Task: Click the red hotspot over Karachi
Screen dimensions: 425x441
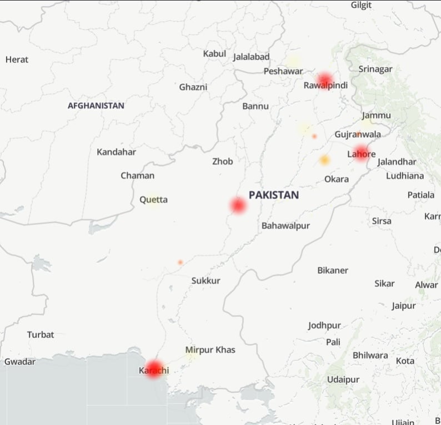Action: coord(153,369)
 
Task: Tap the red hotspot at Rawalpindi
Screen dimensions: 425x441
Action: coord(325,81)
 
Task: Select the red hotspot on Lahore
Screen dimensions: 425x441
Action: coord(362,153)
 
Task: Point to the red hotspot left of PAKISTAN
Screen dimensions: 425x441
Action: coord(238,206)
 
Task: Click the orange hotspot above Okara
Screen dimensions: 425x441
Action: coord(324,161)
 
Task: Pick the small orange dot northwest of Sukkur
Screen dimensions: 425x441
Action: coord(180,262)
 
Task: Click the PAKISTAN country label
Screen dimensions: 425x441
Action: coord(273,195)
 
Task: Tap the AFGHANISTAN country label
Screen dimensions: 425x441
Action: coord(96,106)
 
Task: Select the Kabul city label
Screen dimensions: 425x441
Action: coord(214,54)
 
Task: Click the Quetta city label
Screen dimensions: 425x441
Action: coord(153,199)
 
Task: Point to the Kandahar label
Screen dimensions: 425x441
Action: coord(116,152)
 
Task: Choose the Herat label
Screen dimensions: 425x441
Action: coord(17,59)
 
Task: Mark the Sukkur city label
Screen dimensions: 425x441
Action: coord(206,281)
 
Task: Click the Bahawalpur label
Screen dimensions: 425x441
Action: coord(285,226)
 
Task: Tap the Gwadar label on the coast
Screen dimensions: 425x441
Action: coord(20,362)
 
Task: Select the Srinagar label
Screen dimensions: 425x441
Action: coord(375,69)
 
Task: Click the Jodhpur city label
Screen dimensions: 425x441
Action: coord(324,325)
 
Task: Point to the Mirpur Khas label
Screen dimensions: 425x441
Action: coord(210,349)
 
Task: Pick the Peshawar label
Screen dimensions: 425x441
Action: coord(283,71)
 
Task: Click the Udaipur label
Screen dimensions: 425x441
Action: coord(340,379)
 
